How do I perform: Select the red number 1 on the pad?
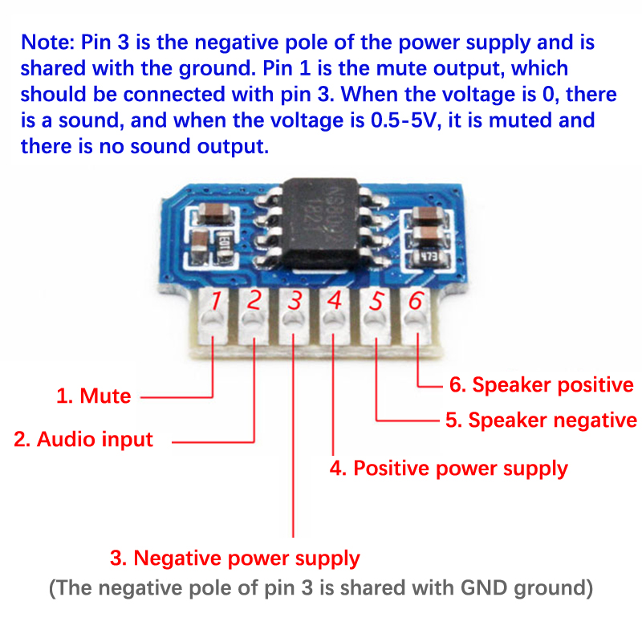215,302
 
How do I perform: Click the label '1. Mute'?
94,396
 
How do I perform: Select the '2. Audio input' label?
83,439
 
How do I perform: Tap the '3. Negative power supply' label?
235,558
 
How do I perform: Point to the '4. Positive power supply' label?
449,468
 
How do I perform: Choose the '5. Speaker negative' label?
541,420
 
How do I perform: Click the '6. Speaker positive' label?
541,385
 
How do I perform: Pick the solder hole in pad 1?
213,323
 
